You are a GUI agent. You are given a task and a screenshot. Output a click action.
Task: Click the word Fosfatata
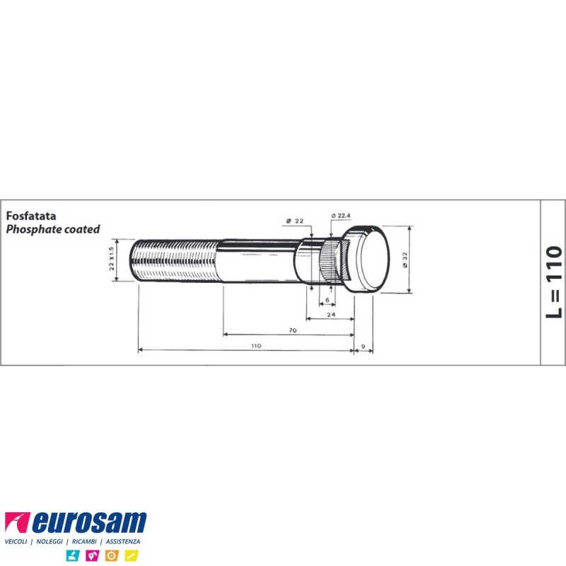coord(31,216)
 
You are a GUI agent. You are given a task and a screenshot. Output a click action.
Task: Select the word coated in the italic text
coord(81,229)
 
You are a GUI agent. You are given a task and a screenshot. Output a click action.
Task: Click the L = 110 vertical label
coord(554,282)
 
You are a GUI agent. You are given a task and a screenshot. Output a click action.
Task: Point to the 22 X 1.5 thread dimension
coord(112,259)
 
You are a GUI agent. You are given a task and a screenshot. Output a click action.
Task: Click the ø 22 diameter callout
coord(294,221)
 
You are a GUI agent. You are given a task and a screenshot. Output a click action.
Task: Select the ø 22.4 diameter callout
coord(341,216)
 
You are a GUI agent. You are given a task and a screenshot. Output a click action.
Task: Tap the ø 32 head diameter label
coord(405,260)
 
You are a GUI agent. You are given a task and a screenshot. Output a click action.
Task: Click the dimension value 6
coord(328,300)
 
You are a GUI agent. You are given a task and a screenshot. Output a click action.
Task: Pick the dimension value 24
coord(331,315)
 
